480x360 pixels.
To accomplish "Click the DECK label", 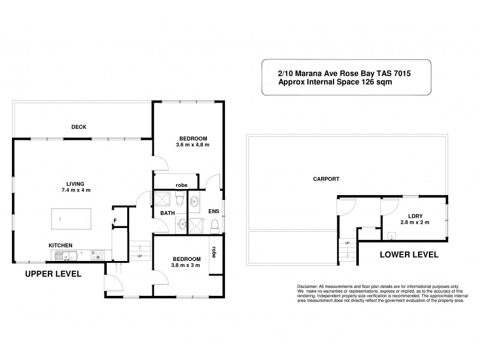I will coord(79,127).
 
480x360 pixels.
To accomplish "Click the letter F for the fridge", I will coord(115,221).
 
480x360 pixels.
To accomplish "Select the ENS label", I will coord(214,212).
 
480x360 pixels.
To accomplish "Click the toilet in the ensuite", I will coord(214,225).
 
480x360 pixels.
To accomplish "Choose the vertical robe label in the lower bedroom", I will coord(214,253).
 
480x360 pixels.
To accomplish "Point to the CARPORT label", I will coord(326,179).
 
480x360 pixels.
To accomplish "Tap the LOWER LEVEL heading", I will coord(409,254).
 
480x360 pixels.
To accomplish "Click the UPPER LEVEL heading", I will coord(53,274).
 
